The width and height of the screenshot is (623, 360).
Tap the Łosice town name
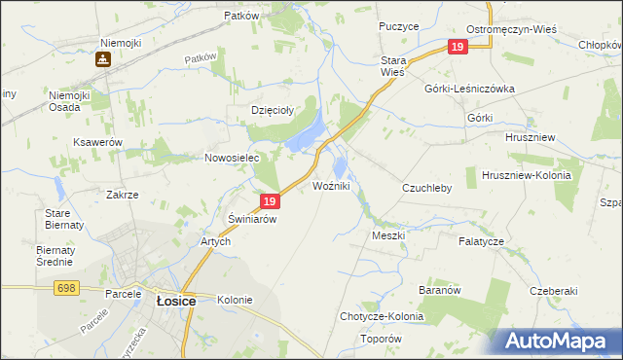[x=176, y=302]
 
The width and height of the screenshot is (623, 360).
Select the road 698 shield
[x=66, y=287]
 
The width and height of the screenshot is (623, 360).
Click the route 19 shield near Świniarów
[x=271, y=201]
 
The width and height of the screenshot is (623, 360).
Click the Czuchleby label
[x=427, y=188]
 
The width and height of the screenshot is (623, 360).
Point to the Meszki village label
[x=387, y=235]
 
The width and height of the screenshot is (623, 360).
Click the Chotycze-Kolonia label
[x=380, y=316]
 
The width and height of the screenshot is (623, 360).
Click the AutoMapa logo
[x=559, y=341]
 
